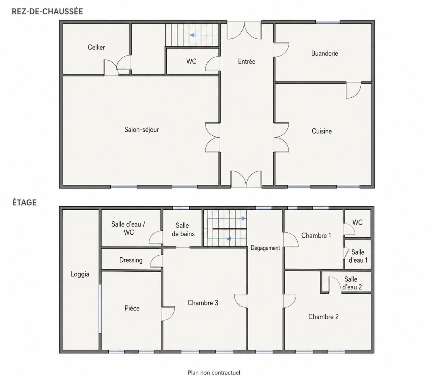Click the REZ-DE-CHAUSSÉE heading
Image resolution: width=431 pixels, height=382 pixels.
click(x=47, y=11)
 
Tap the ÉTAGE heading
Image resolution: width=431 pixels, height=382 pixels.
click(x=24, y=202)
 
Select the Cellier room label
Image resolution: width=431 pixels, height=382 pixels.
click(x=96, y=47)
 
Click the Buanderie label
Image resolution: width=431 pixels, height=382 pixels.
click(x=324, y=53)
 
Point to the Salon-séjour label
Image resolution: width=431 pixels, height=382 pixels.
click(x=141, y=130)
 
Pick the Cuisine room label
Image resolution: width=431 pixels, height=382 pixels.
click(x=322, y=131)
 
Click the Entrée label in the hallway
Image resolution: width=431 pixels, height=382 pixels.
click(x=246, y=61)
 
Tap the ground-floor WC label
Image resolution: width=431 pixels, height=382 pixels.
click(x=191, y=61)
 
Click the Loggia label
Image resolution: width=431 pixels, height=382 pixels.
click(x=80, y=274)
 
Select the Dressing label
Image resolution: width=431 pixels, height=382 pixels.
click(x=131, y=260)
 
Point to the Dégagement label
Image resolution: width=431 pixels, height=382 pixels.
click(x=265, y=248)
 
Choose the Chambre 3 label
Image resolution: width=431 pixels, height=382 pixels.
click(x=203, y=303)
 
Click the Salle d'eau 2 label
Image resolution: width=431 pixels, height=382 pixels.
click(x=352, y=283)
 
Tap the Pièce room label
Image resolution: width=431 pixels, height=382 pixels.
click(x=132, y=308)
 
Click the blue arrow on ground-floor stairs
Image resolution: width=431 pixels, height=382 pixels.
click(x=204, y=35)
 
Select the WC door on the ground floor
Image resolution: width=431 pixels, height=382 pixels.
click(x=213, y=63)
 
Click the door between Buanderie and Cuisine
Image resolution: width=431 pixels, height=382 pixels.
click(x=354, y=90)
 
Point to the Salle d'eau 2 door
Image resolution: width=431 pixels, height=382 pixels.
click(x=335, y=285)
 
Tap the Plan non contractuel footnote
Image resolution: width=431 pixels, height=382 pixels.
click(x=214, y=373)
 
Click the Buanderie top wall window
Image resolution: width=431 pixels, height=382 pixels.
click(x=328, y=22)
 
